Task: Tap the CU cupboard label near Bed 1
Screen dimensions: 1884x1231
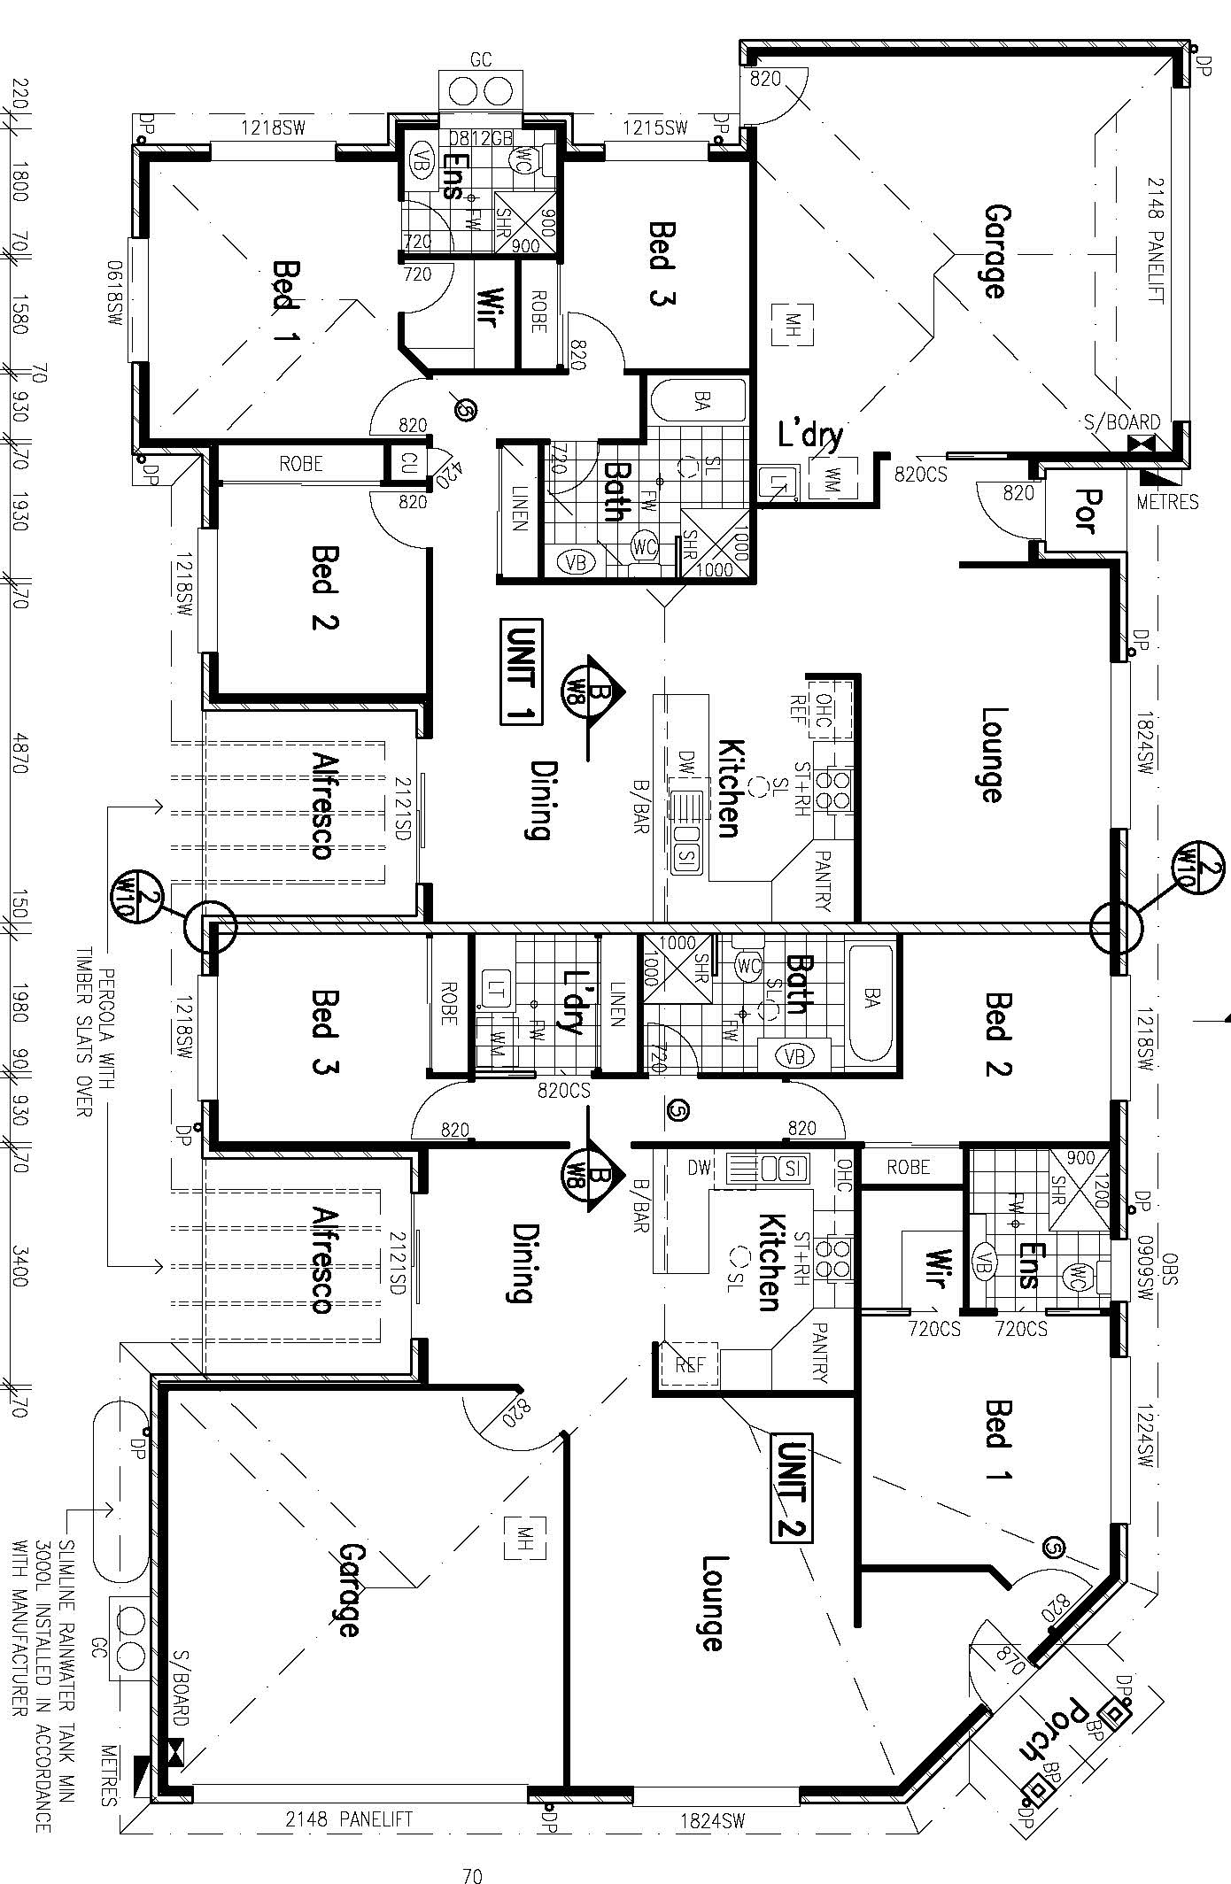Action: [x=407, y=463]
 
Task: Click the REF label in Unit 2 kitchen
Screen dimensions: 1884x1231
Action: [x=690, y=1364]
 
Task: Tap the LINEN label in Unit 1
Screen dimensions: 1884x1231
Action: [x=519, y=509]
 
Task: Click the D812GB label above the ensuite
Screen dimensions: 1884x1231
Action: [x=480, y=138]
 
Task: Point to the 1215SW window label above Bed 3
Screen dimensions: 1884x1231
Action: [x=655, y=128]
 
